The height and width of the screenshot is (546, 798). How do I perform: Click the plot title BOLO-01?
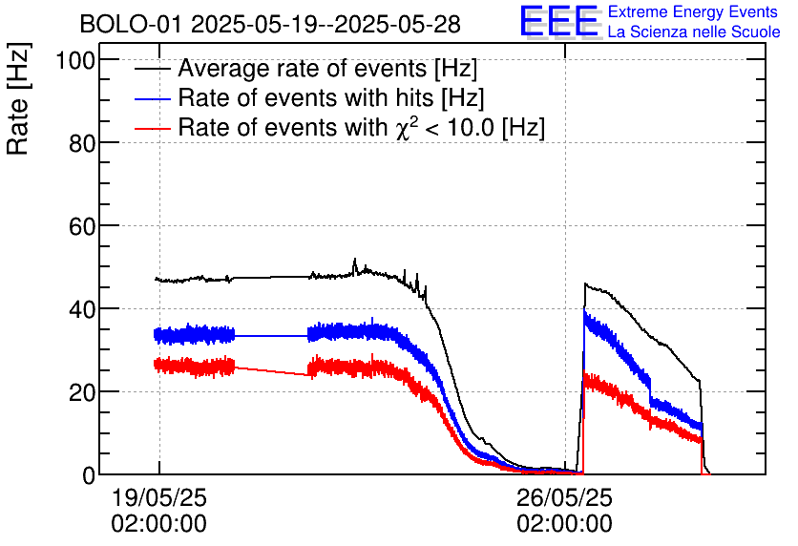[x=132, y=24]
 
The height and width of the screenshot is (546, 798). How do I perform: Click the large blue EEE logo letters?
[x=559, y=22]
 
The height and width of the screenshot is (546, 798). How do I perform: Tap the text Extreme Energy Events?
[x=692, y=12]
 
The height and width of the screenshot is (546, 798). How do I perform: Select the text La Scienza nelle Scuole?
[x=694, y=32]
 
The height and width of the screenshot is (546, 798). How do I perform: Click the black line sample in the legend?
[x=153, y=70]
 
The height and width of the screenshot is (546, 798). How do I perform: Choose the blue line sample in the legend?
[x=153, y=99]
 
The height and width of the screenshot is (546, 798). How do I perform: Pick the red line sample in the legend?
[x=153, y=128]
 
